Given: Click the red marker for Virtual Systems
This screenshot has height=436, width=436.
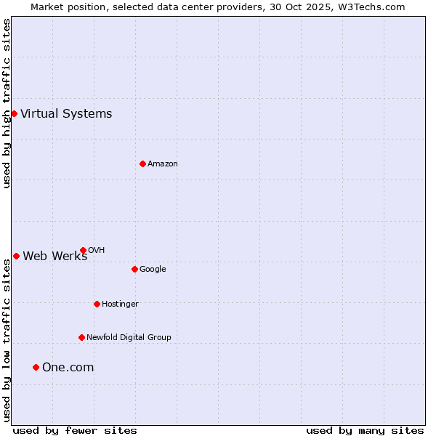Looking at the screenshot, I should (14, 113).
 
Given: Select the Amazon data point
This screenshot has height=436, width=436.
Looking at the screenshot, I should (142, 163).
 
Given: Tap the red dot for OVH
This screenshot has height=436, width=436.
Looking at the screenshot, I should (83, 250).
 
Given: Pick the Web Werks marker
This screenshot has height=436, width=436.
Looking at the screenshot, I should (16, 256).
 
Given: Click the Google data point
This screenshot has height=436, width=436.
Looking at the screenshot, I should (134, 269).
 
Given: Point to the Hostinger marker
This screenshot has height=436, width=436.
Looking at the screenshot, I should (97, 304).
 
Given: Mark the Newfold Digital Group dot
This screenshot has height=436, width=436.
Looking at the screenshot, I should (81, 337).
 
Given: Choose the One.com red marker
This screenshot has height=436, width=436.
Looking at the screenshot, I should (36, 367).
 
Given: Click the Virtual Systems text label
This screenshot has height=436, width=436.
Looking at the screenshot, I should (66, 113).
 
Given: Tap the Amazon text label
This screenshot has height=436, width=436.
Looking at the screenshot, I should (163, 163).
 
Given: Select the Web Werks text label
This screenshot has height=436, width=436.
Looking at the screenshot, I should (54, 256).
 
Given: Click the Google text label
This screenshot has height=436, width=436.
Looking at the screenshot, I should (153, 269).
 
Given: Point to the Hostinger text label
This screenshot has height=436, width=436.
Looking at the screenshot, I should (120, 304).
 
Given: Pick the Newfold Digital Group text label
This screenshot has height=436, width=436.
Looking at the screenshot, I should (129, 337).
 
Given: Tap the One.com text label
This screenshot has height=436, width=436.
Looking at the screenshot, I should (68, 367).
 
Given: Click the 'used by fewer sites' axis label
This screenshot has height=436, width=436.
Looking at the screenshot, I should (75, 430).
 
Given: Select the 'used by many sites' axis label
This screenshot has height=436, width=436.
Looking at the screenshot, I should (365, 430).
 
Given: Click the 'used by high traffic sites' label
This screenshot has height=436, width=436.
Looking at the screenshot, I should (7, 104).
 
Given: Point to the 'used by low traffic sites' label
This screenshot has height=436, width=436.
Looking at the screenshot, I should (7, 340).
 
